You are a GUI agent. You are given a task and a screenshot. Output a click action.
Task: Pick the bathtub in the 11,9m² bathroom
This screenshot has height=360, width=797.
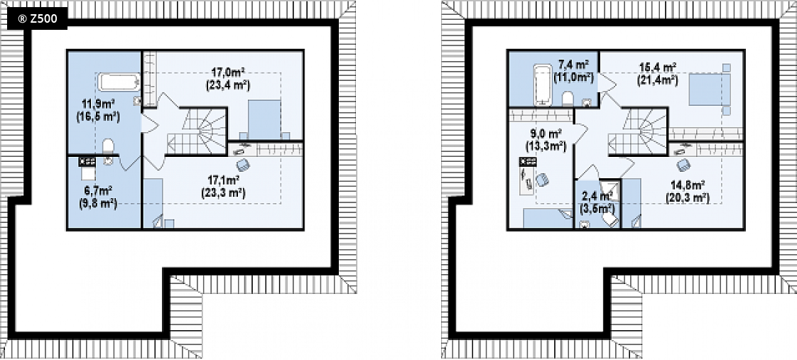click(119, 82)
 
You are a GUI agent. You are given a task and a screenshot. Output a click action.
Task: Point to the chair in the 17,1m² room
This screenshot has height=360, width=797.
click(243, 165)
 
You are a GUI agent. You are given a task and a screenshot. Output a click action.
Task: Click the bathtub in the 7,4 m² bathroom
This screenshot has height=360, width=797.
click(543, 84)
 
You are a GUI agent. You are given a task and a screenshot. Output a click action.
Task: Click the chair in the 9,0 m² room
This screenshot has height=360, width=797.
click(543, 180)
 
